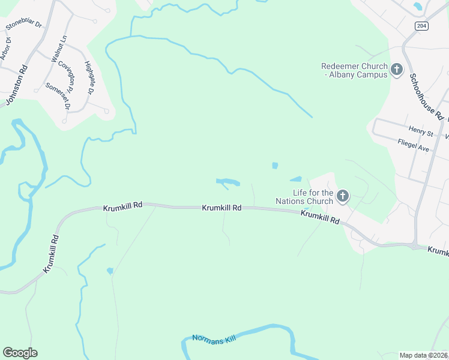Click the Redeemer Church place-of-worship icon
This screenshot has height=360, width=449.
(396, 70)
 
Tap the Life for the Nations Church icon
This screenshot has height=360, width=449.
(342, 196)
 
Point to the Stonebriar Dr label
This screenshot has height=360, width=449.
(23, 26)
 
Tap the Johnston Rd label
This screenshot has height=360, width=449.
(16, 85)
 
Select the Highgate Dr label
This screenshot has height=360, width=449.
(89, 78)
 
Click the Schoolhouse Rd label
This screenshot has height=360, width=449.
(426, 97)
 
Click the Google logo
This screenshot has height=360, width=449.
(20, 353)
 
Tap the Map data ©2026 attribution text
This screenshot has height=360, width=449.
(423, 355)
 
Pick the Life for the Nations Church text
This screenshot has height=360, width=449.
(304, 196)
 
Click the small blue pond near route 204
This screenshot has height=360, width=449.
(418, 7)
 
